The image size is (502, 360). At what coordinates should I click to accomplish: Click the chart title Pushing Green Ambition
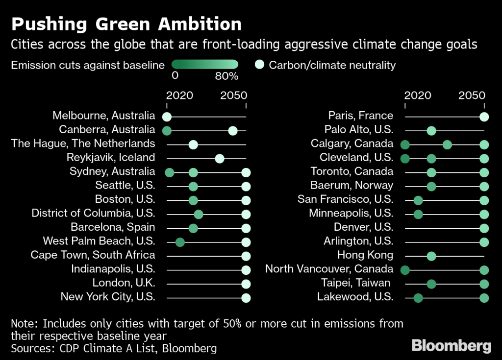point(126,24)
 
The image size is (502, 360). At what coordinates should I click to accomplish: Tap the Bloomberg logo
point(451,345)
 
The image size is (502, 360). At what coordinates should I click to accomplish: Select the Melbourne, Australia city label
point(104,116)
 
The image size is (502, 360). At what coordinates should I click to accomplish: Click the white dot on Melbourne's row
point(167,117)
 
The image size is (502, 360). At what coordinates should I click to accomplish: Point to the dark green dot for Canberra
point(167,130)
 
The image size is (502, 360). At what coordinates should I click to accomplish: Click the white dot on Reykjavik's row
point(220,158)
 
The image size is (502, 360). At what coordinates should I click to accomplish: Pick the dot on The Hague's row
point(193,144)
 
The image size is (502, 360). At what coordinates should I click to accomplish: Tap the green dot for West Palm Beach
point(180,242)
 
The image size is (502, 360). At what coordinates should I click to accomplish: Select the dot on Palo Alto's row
point(431,130)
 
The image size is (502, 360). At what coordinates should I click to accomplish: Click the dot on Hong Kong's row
point(431,256)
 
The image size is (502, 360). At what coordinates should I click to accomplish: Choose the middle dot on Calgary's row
point(447,144)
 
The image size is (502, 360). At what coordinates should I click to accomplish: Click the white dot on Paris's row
point(484,117)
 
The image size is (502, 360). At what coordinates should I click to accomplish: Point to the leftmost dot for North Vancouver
point(405,269)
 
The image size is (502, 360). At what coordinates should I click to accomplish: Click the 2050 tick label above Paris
point(472,95)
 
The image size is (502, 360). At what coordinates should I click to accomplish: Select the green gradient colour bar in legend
point(205,65)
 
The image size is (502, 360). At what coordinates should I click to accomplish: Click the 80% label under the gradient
point(226,76)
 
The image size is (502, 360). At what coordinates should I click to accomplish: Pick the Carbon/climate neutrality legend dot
point(260,65)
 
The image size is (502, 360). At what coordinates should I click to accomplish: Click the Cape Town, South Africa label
point(93,255)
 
